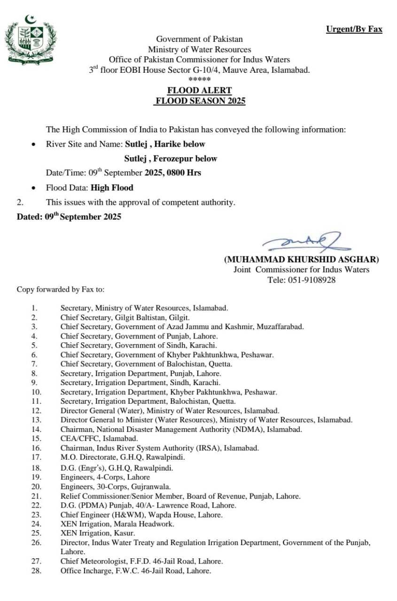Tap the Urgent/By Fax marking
point(354,29)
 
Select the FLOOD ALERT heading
point(200,90)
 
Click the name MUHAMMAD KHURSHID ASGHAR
point(301,259)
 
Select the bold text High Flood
point(112,187)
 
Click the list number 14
point(36,429)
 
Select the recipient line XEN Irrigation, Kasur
point(98,533)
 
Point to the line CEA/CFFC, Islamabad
point(99,439)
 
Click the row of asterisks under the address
point(199,79)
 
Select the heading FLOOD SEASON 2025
point(200,100)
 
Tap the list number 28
point(36,570)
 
